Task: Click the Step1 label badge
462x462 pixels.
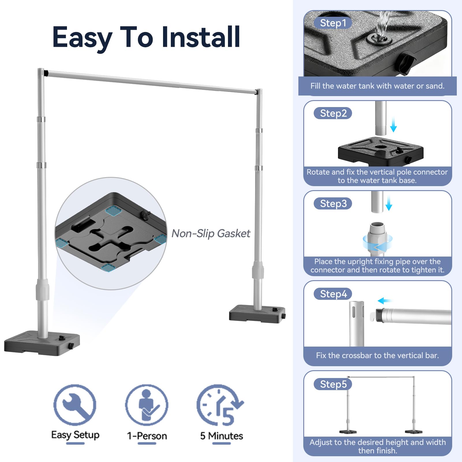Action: [x=333, y=23]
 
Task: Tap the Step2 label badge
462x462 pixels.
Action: [x=333, y=113]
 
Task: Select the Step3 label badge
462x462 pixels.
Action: [x=333, y=203]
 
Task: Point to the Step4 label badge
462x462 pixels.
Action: [x=333, y=294]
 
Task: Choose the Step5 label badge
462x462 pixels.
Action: [x=333, y=384]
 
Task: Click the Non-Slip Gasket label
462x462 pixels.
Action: [x=211, y=233]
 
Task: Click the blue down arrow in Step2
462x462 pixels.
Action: [x=393, y=125]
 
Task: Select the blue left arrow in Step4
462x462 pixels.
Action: [x=385, y=301]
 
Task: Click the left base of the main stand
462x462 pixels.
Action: [x=42, y=344]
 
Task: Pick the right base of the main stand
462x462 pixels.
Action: [x=257, y=314]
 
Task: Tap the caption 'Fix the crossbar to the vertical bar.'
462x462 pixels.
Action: [x=377, y=355]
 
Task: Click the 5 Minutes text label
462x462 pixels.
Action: [x=222, y=436]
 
